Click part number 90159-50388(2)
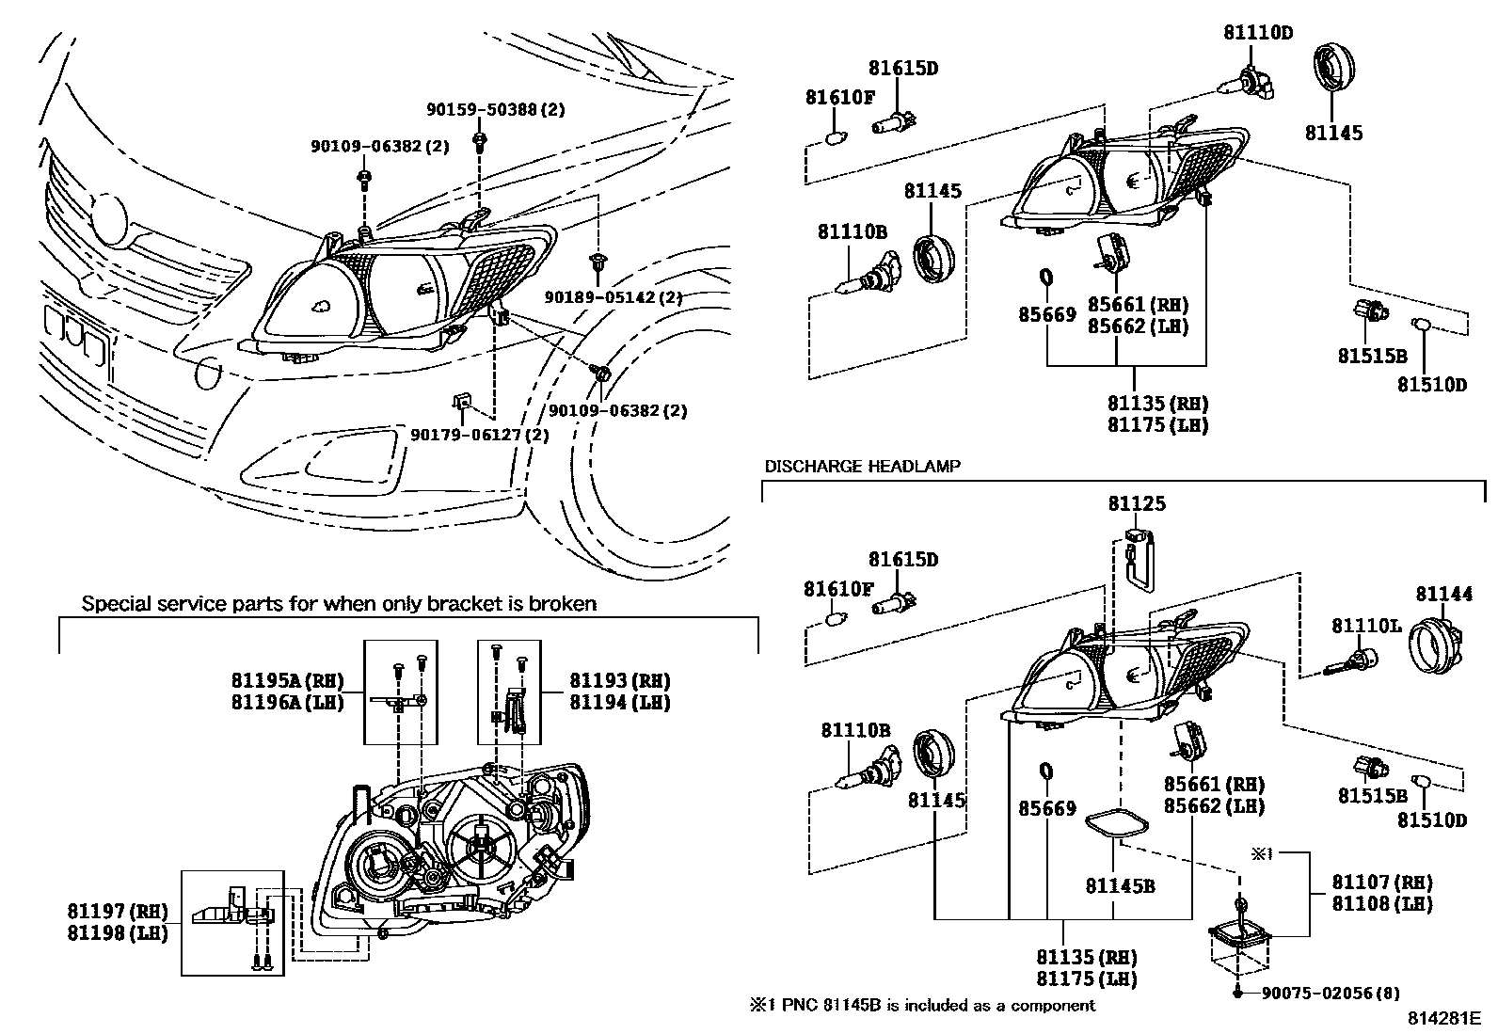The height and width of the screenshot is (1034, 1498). click(495, 110)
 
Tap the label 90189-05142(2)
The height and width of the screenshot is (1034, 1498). click(613, 297)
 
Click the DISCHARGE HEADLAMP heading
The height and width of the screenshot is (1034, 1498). click(862, 466)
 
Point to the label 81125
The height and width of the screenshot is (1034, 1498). click(1136, 503)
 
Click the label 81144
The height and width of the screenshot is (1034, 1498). click(1443, 594)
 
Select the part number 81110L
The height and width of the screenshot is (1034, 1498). click(1365, 626)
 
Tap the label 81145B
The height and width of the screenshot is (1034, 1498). click(1120, 885)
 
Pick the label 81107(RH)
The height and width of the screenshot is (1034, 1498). click(1381, 883)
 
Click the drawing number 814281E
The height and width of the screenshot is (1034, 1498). click(1443, 1018)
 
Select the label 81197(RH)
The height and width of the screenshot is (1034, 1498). click(117, 911)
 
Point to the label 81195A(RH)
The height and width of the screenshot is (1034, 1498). click(287, 680)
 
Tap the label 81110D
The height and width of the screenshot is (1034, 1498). click(1257, 33)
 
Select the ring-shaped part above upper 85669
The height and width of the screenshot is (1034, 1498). click(1044, 278)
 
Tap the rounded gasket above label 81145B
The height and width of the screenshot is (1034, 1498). click(1117, 823)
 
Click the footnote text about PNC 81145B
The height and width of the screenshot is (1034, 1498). click(922, 1005)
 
